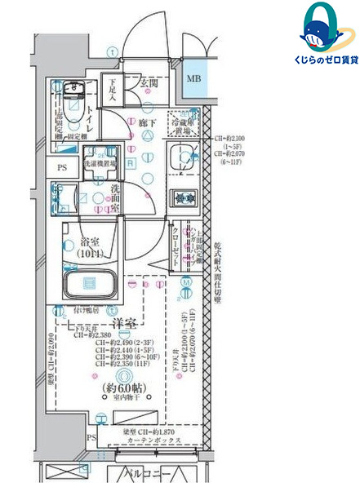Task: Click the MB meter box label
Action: (193, 78)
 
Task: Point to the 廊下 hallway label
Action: (147, 122)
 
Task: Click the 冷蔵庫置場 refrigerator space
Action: (184, 122)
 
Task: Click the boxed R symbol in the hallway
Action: (131, 163)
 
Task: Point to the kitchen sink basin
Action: (182, 157)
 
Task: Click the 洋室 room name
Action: (123, 321)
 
